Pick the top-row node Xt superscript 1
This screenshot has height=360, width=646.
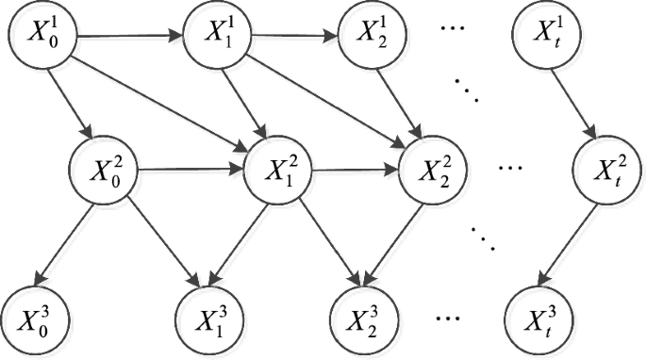pos(544,39)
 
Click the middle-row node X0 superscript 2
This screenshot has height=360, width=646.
pos(106,172)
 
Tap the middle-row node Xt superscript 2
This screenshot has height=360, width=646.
pos(605,172)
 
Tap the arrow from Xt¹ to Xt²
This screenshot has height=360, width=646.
pos(574,105)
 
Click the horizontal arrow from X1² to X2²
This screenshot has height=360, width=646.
pos(356,172)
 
